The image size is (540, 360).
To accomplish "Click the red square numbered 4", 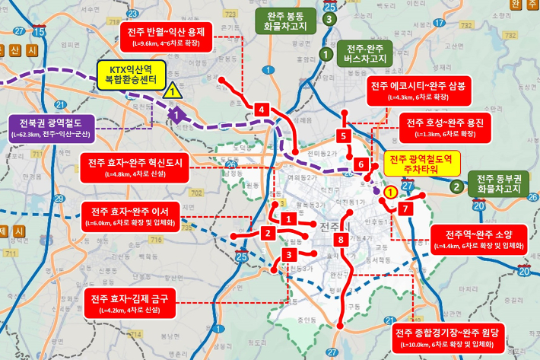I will coord(262,110).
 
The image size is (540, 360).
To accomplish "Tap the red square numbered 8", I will coord(341,240).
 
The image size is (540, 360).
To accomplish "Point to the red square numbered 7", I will coord(406,208).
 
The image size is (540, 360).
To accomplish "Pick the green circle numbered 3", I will coord(329,18).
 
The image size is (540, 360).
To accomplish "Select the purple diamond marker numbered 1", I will coord(177,116).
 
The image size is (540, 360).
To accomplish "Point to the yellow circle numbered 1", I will coord(390,193).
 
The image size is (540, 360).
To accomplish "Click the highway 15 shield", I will coord(40,33).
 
